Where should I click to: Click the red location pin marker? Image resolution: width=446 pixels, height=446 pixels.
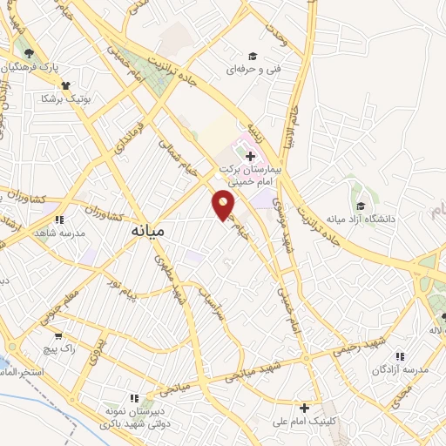[x=224, y=205]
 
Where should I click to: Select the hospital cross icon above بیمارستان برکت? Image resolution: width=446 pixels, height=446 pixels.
[x=251, y=156]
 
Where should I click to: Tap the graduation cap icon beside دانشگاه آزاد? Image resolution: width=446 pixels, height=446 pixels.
[x=361, y=206]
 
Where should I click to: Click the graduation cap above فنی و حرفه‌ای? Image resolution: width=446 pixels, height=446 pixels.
[x=253, y=54]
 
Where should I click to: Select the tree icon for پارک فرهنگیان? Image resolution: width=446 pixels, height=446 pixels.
[x=30, y=53]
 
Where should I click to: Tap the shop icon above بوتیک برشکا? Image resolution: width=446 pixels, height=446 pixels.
[x=64, y=85]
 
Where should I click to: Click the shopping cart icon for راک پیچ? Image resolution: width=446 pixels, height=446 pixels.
[x=57, y=334]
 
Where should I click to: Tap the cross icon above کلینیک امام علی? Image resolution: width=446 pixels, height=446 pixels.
[x=304, y=408]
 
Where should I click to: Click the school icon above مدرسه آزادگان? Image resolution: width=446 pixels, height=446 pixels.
[x=400, y=356]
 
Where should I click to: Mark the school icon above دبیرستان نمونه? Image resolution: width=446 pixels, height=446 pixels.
[x=159, y=394]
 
